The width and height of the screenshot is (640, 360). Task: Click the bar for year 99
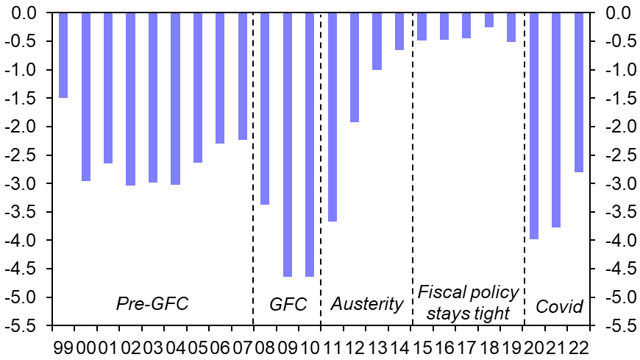point(63,55)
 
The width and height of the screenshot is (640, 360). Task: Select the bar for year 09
point(287,144)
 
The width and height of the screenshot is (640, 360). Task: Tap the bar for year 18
point(488,20)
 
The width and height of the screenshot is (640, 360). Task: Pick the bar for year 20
point(534,126)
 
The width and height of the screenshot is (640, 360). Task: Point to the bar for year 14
point(399,32)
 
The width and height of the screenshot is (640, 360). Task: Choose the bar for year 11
point(332,117)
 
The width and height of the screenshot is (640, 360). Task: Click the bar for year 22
point(578,92)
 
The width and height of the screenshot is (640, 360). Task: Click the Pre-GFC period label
point(152,303)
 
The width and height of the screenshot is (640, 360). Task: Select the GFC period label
point(288,304)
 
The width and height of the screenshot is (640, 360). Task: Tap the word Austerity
point(367,304)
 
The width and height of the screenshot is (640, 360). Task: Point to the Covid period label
point(559,306)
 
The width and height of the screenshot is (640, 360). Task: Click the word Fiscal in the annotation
point(442,292)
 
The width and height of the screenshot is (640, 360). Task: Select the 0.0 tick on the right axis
point(616,13)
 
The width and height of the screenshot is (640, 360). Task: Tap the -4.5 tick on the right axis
point(616,269)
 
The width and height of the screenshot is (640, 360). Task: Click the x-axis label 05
point(197,346)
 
